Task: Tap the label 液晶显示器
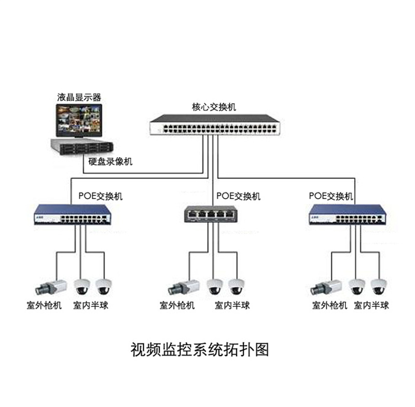tap(79, 97)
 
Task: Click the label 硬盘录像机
tap(110, 161)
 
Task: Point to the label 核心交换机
tap(214, 107)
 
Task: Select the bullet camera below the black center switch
tap(181, 286)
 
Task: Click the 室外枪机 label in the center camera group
tap(177, 305)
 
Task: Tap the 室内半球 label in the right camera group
tap(371, 305)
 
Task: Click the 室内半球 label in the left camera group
tap(91, 305)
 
